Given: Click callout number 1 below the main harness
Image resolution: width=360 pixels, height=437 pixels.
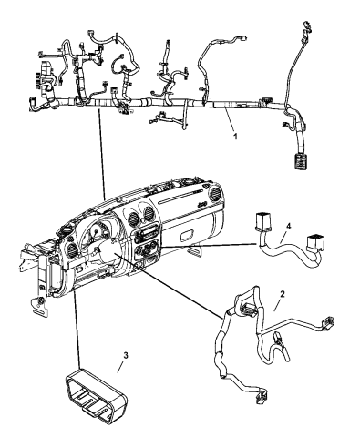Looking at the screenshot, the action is [x=235, y=136].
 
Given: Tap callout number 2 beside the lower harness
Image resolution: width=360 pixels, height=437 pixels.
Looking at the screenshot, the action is [x=283, y=294].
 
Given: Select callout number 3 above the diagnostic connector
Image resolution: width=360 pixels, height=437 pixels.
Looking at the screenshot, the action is [x=126, y=355].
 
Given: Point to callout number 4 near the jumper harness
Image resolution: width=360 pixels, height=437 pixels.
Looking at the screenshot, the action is [x=288, y=226].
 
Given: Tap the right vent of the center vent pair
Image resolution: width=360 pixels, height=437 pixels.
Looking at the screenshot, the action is [x=149, y=212].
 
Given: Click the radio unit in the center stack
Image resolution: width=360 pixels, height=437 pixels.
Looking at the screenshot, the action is [x=146, y=234].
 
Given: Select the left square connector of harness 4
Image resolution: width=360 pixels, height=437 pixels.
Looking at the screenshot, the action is [x=262, y=221].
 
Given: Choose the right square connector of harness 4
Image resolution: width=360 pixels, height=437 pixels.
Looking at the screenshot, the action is [x=315, y=242].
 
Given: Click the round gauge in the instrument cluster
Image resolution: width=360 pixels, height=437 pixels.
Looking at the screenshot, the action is [x=97, y=233].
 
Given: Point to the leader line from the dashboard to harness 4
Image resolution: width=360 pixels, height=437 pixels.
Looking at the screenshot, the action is [x=208, y=246].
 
